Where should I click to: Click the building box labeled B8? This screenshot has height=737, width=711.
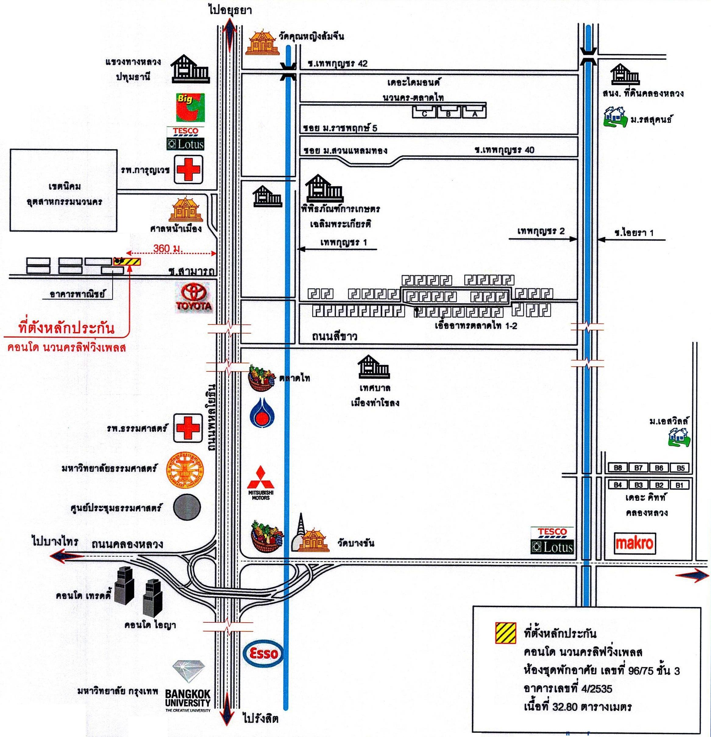tap(618, 468)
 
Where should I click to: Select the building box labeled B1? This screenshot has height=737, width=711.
tap(679, 485)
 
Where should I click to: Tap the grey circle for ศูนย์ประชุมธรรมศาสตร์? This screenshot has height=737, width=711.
tap(187, 507)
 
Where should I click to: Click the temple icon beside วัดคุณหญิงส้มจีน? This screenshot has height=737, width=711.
tap(262, 43)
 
